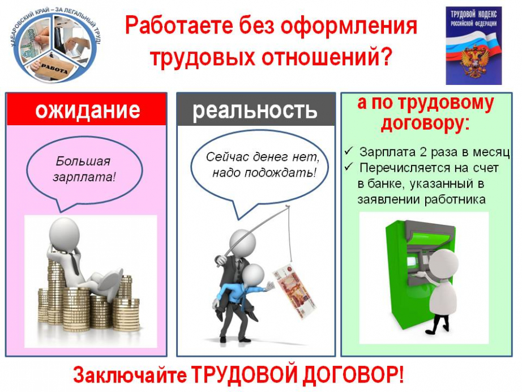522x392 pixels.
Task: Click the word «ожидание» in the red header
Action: [88, 109]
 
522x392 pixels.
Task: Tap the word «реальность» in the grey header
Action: [255, 110]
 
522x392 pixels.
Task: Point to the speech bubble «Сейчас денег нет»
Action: [259, 171]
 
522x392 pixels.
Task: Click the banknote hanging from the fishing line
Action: [294, 291]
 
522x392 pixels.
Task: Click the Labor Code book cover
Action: [474, 46]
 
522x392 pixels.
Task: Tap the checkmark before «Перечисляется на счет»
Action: [349, 166]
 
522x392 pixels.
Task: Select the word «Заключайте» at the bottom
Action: [130, 375]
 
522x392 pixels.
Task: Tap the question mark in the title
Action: [386, 57]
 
